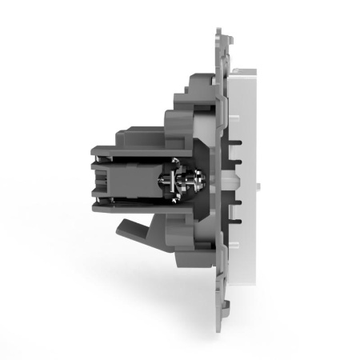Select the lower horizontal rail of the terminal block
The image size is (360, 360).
(x=132, y=210)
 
